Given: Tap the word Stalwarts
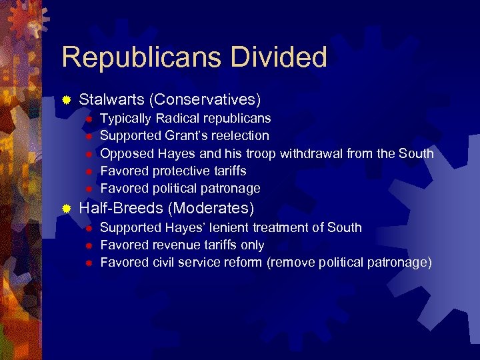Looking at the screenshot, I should click(111, 100).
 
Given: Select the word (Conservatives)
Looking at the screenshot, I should click(205, 100).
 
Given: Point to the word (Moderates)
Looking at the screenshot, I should click(212, 209).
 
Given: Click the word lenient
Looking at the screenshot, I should click(221, 227).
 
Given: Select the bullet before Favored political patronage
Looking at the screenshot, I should click(87, 189).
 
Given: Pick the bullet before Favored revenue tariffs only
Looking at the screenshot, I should click(87, 245).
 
